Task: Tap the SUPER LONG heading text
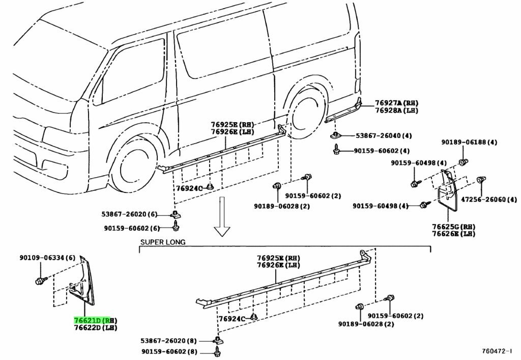(x=163, y=242)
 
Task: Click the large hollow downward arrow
(x=222, y=216)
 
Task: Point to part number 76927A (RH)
(x=397, y=102)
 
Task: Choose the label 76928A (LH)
(x=397, y=110)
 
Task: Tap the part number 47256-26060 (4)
(x=489, y=199)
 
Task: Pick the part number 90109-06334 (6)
(x=48, y=258)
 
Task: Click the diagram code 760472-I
(x=499, y=351)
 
